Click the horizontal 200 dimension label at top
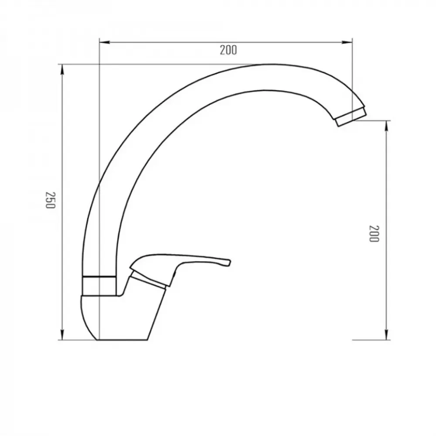pos(228,50)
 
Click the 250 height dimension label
pos(51,200)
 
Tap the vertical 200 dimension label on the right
pos(374,234)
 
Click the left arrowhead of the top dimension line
pos(104,42)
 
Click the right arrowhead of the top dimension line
pos(347,42)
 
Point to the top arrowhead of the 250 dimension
pos(62,70)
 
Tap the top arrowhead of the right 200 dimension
pos(386,126)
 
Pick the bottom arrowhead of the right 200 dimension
pos(386,334)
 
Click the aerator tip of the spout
pos(351,117)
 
